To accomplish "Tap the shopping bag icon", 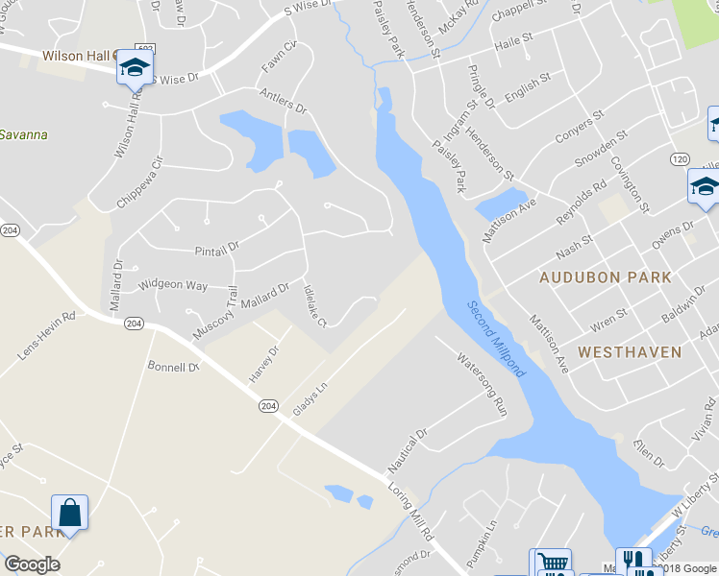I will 70,512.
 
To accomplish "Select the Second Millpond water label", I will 497,339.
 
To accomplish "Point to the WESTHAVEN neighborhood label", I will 630,352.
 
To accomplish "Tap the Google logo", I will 32,564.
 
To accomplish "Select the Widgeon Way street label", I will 173,285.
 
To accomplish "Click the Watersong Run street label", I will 481,383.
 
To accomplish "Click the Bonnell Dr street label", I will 172,367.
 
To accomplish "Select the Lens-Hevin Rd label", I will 46,335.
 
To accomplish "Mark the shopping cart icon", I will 551,564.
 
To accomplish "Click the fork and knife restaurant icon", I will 632,561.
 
